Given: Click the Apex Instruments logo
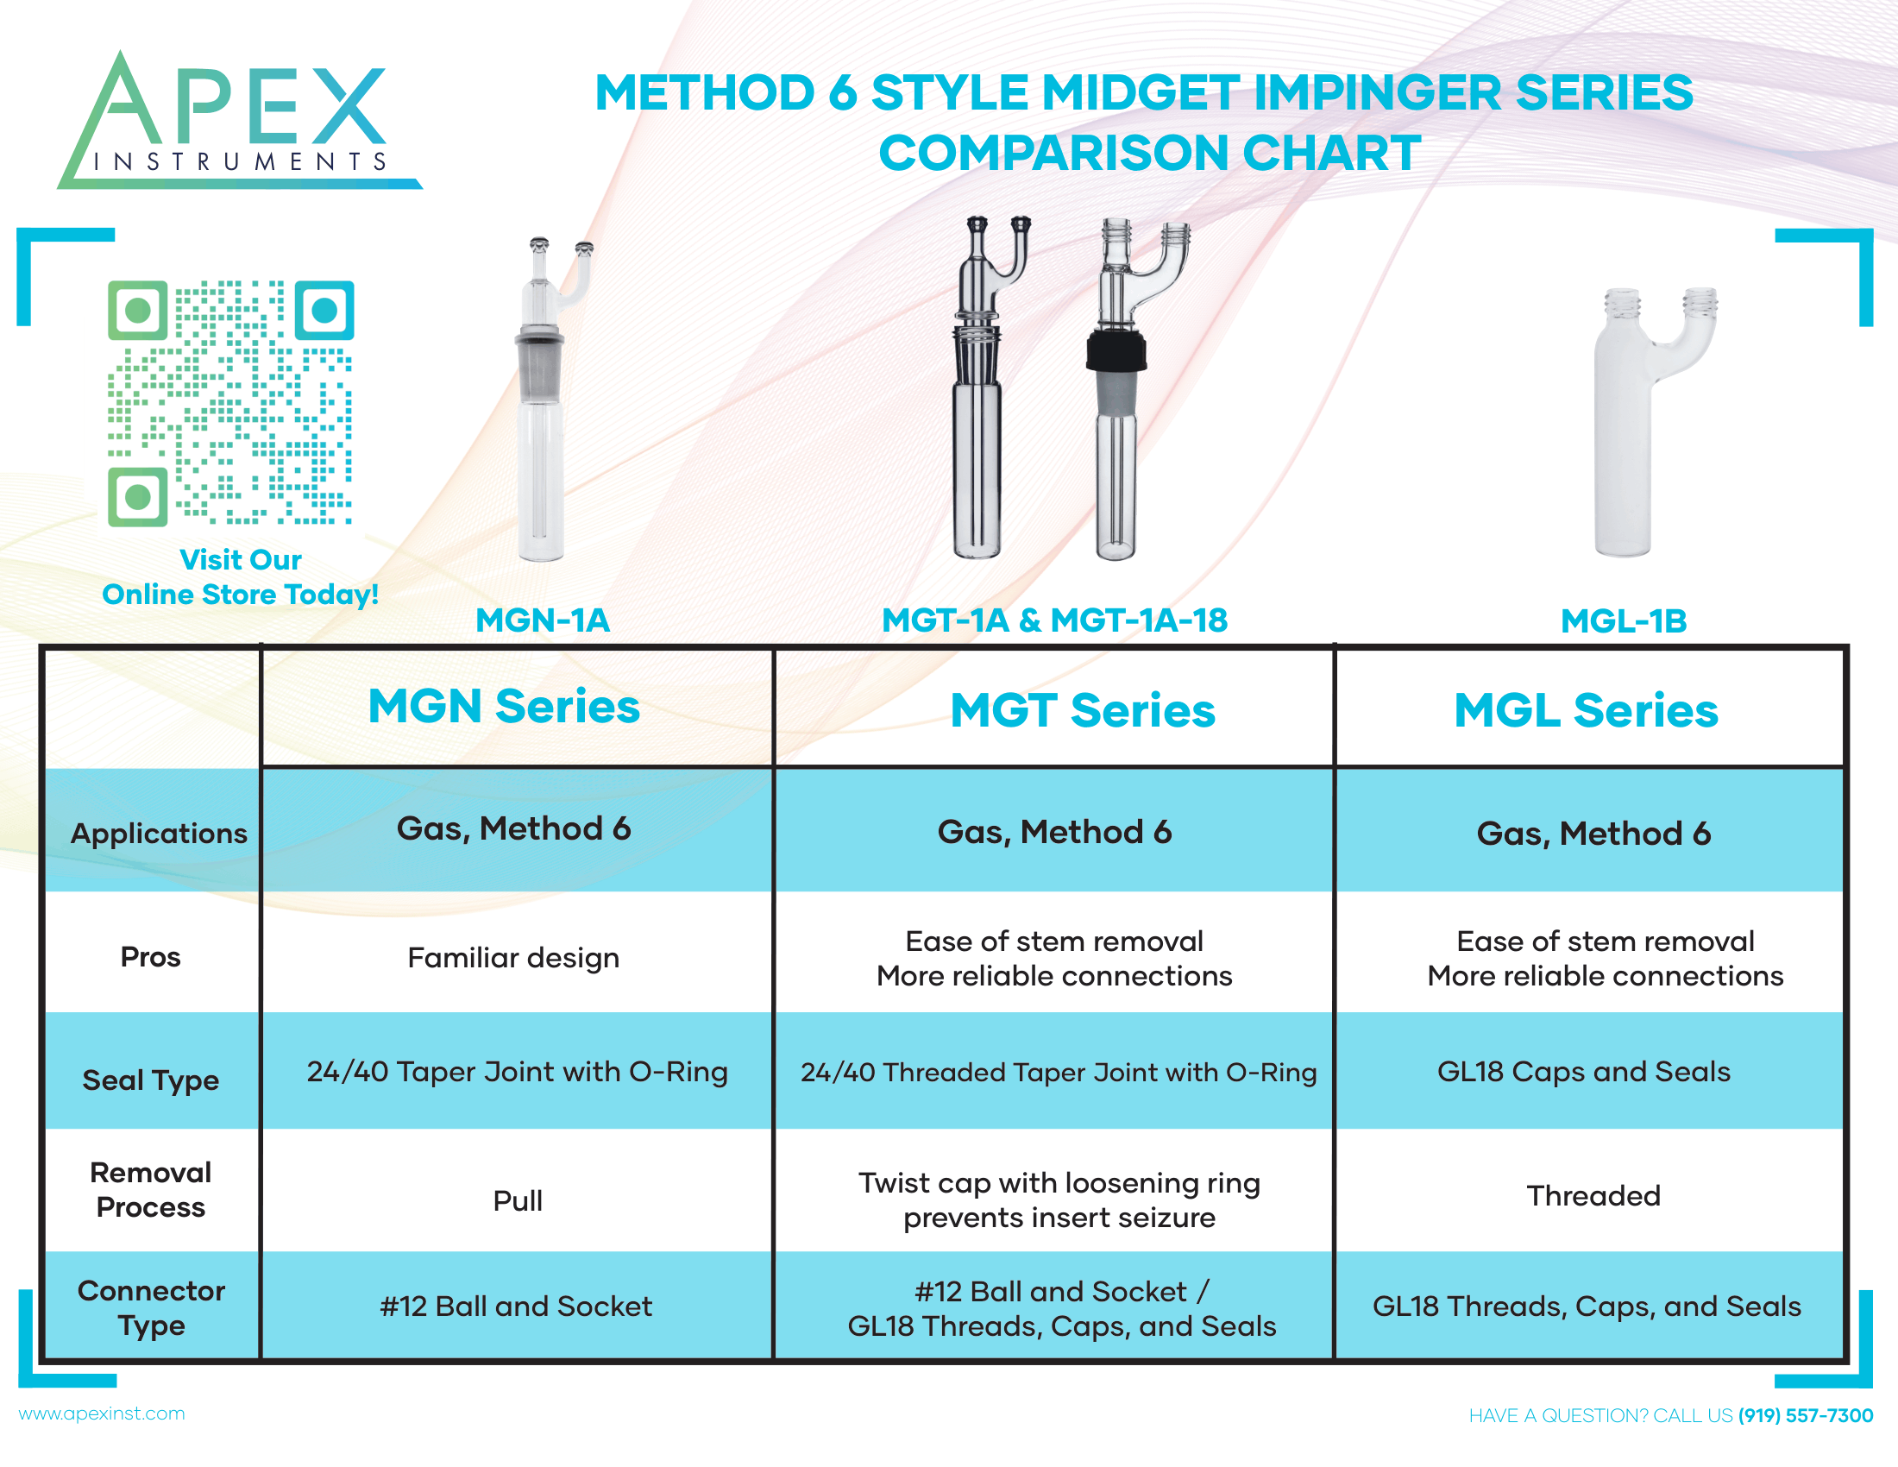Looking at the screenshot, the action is [x=239, y=120].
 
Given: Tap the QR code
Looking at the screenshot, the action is [x=230, y=402].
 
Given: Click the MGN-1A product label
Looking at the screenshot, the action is [x=544, y=620].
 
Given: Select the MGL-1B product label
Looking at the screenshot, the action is [x=1624, y=621].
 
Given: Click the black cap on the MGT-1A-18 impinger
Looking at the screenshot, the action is [x=1116, y=350].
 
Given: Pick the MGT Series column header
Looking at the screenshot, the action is [x=1083, y=710].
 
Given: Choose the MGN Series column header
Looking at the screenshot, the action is [x=504, y=706].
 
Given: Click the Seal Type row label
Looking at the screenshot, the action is [x=150, y=1080].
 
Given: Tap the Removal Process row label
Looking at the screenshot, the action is [x=151, y=1190].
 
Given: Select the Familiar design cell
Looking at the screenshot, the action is [x=513, y=958].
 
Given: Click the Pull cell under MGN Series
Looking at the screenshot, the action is [x=518, y=1201].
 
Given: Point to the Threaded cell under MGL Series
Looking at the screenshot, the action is [x=1593, y=1196].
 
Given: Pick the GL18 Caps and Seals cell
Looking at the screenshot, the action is [x=1584, y=1072].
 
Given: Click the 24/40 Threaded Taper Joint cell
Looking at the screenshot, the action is [x=1059, y=1073].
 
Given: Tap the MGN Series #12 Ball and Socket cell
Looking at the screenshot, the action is [x=516, y=1306].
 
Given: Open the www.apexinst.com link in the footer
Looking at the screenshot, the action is [x=102, y=1414].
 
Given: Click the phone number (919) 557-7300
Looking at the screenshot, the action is [x=1805, y=1416].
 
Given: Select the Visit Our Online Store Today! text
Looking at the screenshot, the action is [x=241, y=577].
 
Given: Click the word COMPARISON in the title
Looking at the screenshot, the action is [x=1053, y=153].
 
